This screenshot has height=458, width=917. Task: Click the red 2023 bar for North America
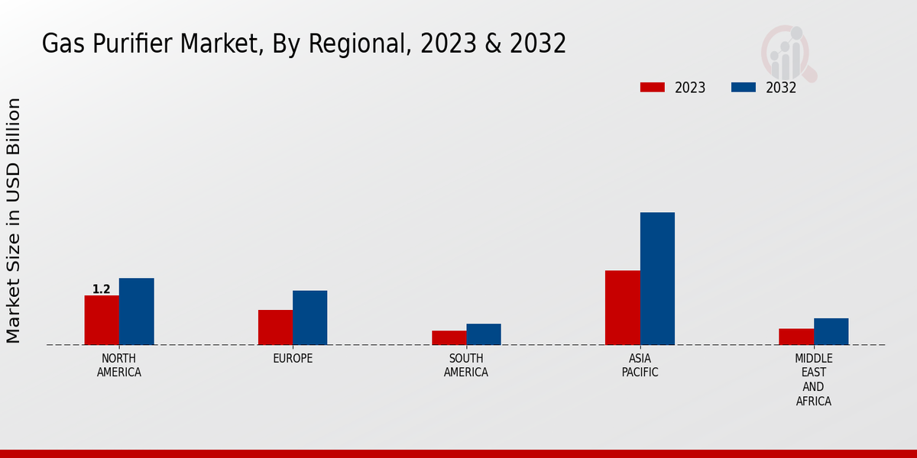click(x=102, y=320)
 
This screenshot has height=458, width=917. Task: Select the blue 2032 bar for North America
click(x=136, y=311)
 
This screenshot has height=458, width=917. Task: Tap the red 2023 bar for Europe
click(x=275, y=327)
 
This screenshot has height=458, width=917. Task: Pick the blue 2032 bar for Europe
click(x=309, y=318)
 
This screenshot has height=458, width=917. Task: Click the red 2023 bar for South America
click(x=449, y=337)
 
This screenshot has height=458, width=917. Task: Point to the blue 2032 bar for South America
click(x=484, y=334)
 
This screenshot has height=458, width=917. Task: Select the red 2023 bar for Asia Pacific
click(x=622, y=308)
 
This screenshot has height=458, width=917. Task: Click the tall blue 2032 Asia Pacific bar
click(x=657, y=279)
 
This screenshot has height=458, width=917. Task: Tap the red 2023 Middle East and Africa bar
click(x=796, y=337)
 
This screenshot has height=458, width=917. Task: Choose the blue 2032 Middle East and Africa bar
click(x=831, y=331)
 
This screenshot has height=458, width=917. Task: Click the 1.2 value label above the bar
click(x=102, y=289)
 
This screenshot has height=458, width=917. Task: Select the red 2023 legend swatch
click(x=653, y=87)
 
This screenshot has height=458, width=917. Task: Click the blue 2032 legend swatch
click(x=744, y=87)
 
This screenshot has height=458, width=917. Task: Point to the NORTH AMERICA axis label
click(x=119, y=366)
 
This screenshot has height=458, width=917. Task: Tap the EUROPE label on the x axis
click(x=293, y=359)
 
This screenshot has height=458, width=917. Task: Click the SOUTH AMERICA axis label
click(x=466, y=366)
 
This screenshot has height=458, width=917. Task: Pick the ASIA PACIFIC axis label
click(x=640, y=366)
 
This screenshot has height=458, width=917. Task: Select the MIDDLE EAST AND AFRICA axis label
click(x=814, y=379)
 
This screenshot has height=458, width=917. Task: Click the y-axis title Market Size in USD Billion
click(x=14, y=221)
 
